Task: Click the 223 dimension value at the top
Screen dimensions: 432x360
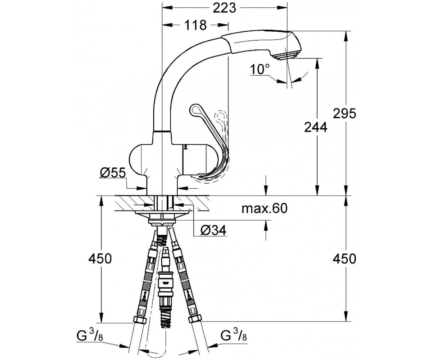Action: click(x=224, y=8)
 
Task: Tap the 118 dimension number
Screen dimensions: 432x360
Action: click(x=195, y=25)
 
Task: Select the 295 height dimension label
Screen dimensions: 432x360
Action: click(x=344, y=113)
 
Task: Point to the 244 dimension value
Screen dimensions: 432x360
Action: click(x=315, y=127)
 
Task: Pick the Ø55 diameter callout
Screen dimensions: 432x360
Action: click(x=113, y=172)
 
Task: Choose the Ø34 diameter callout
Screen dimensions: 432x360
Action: click(x=213, y=230)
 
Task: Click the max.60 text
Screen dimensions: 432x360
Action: click(x=265, y=208)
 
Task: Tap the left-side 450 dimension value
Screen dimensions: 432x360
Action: click(x=100, y=258)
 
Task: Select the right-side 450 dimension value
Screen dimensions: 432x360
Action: click(x=344, y=258)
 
